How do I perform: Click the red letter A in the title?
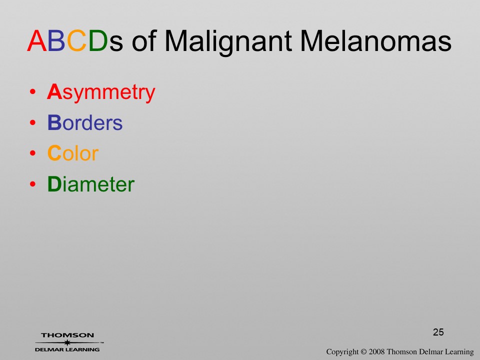point(37,40)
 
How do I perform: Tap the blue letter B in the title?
point(56,40)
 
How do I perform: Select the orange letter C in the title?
point(77,40)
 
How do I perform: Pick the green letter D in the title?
point(98,40)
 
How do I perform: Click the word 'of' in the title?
point(144,40)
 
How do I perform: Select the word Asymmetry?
point(101,92)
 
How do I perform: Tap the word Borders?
point(85,122)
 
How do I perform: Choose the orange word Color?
point(73,153)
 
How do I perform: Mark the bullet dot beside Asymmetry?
point(33,92)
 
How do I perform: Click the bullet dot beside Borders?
point(33,122)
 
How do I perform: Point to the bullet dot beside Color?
point(33,153)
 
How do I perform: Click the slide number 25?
point(438,332)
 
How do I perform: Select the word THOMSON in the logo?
point(67,335)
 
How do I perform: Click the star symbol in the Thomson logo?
point(67,342)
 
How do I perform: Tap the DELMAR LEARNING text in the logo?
point(67,349)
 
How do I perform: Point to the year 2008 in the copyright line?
point(376,351)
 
